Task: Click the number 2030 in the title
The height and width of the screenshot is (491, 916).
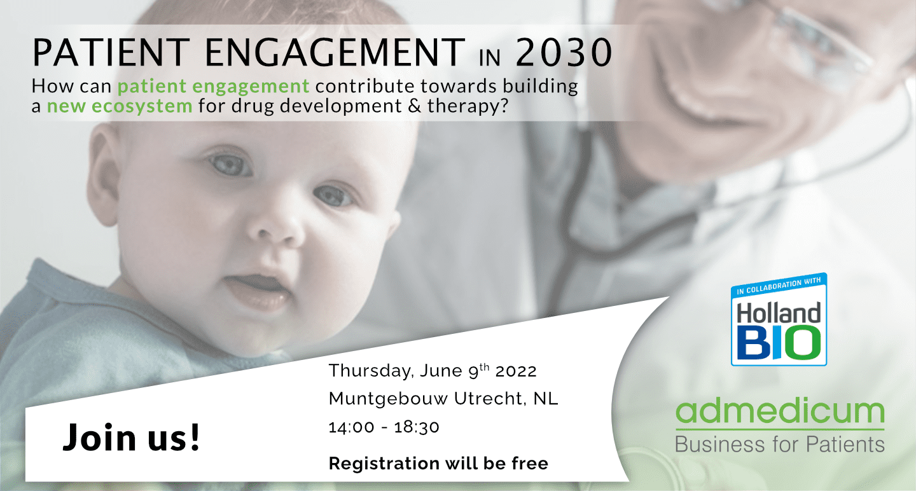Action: [564, 52]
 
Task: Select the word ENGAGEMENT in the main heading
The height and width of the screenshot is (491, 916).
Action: [335, 52]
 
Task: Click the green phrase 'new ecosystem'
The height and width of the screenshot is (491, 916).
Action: [120, 106]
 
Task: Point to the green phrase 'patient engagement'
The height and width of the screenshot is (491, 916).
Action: [214, 86]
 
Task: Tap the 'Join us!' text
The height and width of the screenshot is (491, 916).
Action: [131, 437]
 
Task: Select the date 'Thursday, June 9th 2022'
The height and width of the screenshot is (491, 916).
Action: [433, 370]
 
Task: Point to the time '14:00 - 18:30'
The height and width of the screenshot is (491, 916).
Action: [384, 427]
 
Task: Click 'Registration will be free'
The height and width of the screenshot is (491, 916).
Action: [438, 464]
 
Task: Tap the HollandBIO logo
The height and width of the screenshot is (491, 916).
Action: [779, 319]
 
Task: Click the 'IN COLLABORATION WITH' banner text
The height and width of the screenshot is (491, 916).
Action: [779, 286]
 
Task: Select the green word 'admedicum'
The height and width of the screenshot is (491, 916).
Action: [780, 412]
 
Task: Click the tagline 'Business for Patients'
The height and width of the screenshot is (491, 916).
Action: [780, 445]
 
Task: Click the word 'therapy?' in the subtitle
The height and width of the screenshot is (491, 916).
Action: [468, 106]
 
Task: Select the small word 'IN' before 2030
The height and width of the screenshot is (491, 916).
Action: [490, 59]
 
